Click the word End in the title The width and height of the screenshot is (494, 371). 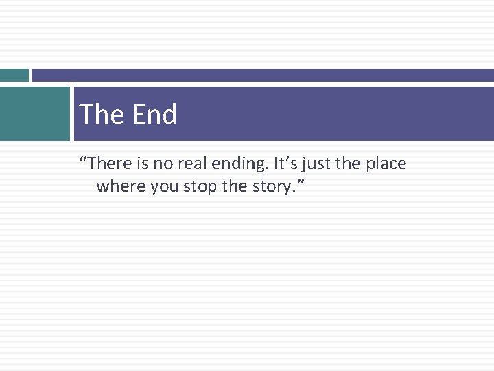[x=154, y=114]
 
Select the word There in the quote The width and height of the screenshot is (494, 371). [x=109, y=164]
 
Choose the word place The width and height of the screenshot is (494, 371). [x=386, y=164]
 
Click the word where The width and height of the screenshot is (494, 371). [x=118, y=186]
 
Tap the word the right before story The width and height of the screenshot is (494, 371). [x=231, y=186]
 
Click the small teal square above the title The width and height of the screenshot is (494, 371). [x=14, y=75]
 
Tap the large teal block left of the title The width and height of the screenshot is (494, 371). [x=34, y=113]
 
